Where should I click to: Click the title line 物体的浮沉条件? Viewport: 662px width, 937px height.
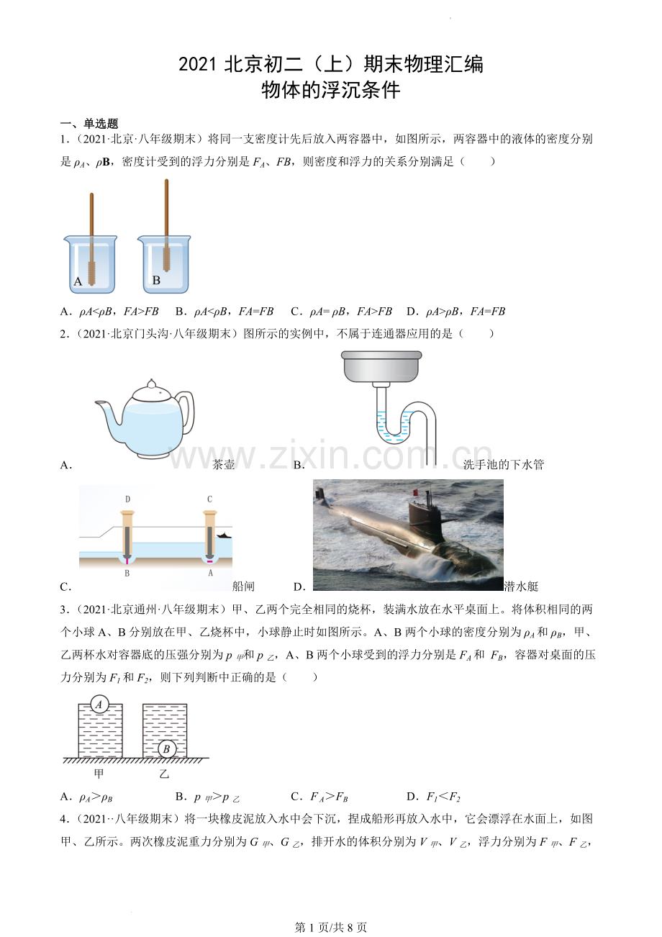[x=330, y=91]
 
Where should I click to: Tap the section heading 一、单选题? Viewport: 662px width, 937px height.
[x=89, y=124]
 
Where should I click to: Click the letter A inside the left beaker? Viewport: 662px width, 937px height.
[x=78, y=281]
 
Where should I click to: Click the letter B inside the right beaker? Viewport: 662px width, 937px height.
[x=156, y=281]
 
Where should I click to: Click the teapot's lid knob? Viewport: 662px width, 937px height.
[x=150, y=383]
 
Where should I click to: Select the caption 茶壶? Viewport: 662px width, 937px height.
[x=224, y=465]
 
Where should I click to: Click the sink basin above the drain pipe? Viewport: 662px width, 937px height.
[x=381, y=367]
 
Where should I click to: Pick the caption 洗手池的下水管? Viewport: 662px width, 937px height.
[x=503, y=465]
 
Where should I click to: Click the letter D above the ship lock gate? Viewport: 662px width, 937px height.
[x=127, y=499]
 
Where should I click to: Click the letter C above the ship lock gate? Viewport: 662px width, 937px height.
[x=209, y=499]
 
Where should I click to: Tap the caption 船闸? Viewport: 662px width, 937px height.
[x=243, y=587]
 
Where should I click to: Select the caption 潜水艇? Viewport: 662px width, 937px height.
[x=521, y=587]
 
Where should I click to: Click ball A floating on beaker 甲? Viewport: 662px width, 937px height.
[x=100, y=705]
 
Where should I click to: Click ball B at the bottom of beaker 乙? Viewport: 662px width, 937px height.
[x=166, y=749]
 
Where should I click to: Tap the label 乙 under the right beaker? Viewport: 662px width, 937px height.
[x=164, y=774]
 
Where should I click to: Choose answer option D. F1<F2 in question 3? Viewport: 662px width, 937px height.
[x=432, y=797]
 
